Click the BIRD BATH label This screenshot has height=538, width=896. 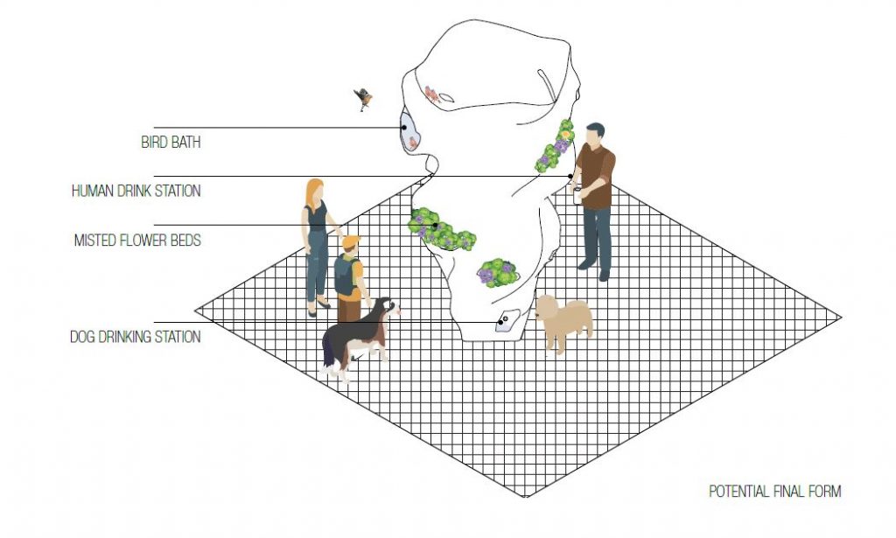pos(171,142)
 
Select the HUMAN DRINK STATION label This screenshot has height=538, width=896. pos(136,191)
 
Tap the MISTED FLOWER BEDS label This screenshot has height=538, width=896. pos(137,240)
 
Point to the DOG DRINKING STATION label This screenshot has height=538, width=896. pos(135,337)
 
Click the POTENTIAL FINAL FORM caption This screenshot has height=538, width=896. pos(775,491)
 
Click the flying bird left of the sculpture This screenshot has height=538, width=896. pos(363,99)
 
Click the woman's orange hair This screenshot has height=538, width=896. pos(314,193)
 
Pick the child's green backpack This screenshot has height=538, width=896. pos(345,274)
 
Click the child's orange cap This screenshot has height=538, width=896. pos(351,241)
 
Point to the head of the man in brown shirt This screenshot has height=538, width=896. pos(595,135)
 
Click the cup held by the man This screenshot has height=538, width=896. pos(577,195)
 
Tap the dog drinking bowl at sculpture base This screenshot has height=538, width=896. pos(507,321)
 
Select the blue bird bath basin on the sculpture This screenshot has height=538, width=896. pos(409,131)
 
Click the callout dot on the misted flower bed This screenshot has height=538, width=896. pos(435,226)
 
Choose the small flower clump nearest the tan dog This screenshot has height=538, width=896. pos(498,273)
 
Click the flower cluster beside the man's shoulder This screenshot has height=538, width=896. pos(555,146)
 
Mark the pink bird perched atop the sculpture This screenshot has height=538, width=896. pos(432,94)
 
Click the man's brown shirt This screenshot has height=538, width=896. pos(597,176)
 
